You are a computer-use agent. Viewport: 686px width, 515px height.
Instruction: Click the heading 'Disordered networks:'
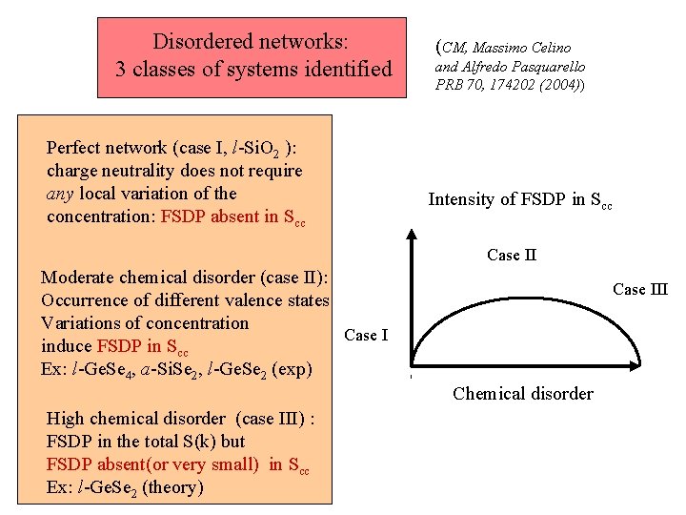tap(252, 42)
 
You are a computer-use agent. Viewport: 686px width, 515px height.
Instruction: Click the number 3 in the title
tap(121, 70)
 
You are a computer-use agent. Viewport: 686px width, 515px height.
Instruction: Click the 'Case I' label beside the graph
tap(366, 335)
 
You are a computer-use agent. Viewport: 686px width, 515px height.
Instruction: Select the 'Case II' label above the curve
tap(512, 255)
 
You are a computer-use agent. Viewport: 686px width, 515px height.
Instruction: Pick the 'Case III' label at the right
tap(640, 289)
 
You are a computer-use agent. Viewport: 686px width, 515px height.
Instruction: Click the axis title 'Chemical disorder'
tap(523, 394)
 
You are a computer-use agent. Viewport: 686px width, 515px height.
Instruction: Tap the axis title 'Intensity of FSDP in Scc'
tap(520, 200)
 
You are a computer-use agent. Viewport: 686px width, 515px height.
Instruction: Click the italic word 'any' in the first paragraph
tap(61, 194)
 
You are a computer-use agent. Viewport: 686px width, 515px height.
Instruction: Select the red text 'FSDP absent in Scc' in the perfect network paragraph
tap(233, 217)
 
